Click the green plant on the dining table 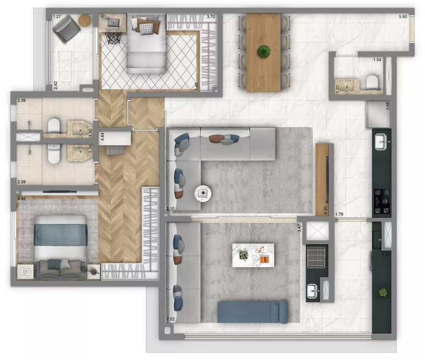click(x=263, y=52)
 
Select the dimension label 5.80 click(x=404, y=17)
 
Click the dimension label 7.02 click(x=170, y=319)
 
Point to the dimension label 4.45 click(x=22, y=198)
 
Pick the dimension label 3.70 click(x=211, y=17)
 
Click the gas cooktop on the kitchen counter click(x=382, y=201)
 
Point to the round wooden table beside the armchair click(x=85, y=20)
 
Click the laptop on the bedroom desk click(x=113, y=22)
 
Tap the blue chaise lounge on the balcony click(x=252, y=312)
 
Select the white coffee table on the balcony click(x=253, y=255)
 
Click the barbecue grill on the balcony click(x=316, y=257)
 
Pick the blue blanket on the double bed click(x=61, y=235)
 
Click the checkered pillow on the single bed click(x=147, y=28)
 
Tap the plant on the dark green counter click(x=383, y=292)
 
